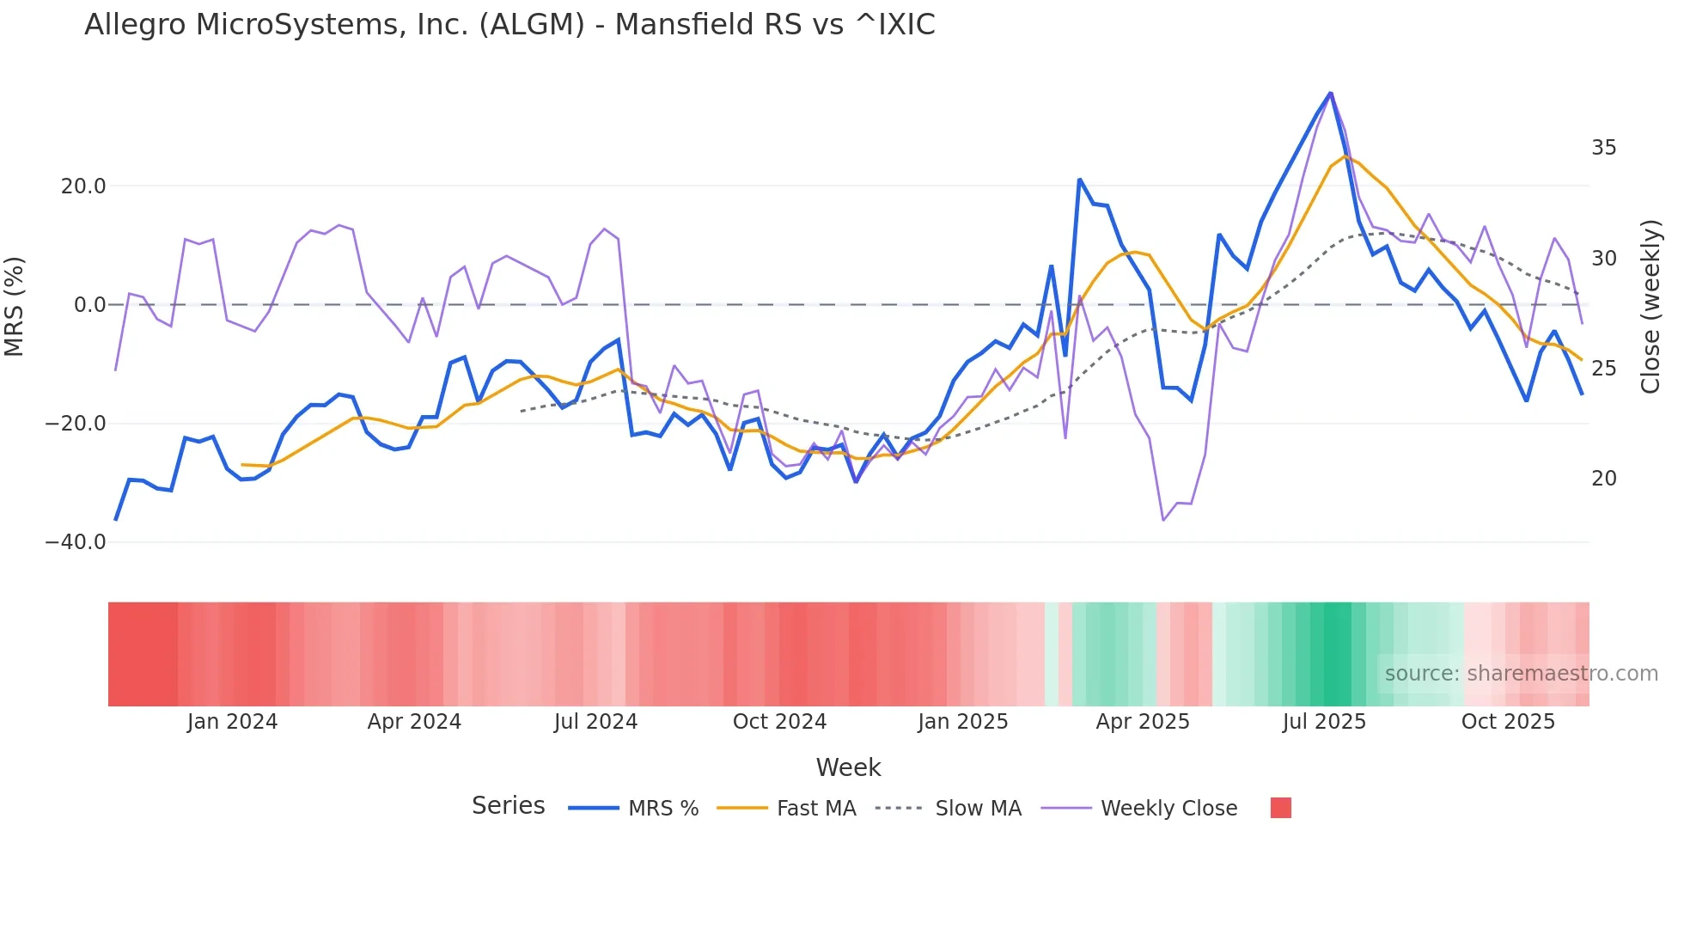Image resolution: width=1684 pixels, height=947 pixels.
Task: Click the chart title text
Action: (x=509, y=25)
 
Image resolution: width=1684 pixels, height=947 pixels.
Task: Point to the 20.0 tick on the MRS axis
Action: (x=83, y=186)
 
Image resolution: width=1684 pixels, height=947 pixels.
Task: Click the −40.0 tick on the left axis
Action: (x=76, y=542)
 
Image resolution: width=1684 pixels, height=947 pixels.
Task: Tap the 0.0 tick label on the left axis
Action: (x=89, y=305)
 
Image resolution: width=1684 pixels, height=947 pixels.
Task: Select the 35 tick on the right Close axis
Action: (x=1603, y=148)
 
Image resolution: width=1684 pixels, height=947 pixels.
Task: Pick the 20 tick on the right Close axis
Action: (x=1603, y=479)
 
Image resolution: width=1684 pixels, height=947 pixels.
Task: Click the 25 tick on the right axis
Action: (x=1603, y=369)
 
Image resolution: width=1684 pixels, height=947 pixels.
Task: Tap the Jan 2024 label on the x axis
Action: (x=232, y=722)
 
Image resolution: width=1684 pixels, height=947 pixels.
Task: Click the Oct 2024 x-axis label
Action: (x=779, y=722)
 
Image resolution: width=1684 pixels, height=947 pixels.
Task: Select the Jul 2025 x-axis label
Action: (x=1324, y=722)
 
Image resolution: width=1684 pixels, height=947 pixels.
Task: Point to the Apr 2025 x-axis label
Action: (x=1142, y=722)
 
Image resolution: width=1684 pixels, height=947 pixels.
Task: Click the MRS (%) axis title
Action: (x=15, y=306)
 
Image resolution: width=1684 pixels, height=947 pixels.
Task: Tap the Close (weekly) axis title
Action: (x=1650, y=307)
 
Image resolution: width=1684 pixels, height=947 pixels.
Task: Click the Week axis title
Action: (x=848, y=767)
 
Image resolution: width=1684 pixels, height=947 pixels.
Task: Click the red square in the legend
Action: (x=1280, y=808)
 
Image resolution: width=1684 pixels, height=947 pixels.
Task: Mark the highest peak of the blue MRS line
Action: (x=1330, y=93)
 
